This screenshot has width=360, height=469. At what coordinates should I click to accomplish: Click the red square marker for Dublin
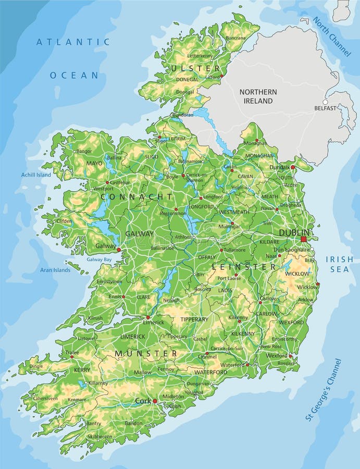(x=304, y=239)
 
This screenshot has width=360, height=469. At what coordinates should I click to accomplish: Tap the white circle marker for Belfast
(x=325, y=102)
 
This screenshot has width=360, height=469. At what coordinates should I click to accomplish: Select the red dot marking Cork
(x=155, y=401)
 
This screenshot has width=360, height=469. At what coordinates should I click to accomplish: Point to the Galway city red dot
(x=119, y=250)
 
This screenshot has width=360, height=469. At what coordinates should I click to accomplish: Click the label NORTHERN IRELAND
(x=258, y=96)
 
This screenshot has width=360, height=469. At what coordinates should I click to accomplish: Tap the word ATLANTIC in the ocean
(x=73, y=42)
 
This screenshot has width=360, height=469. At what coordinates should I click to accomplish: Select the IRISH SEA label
(x=339, y=264)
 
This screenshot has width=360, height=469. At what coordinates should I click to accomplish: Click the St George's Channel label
(x=323, y=390)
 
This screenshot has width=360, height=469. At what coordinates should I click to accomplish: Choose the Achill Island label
(x=36, y=175)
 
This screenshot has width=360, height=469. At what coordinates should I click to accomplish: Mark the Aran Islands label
(x=55, y=270)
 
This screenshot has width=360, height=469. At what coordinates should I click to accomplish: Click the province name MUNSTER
(x=146, y=354)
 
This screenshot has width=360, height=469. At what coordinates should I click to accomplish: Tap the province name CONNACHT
(x=136, y=196)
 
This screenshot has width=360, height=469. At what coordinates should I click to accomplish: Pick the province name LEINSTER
(x=244, y=266)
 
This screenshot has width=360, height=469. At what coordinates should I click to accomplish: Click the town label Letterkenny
(x=200, y=55)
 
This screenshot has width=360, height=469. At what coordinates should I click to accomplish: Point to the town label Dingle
(x=36, y=366)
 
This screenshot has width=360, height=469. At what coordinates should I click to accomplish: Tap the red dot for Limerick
(x=148, y=317)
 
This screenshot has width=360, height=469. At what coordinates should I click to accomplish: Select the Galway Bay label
(x=99, y=260)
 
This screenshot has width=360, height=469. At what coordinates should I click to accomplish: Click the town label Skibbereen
(x=100, y=437)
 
